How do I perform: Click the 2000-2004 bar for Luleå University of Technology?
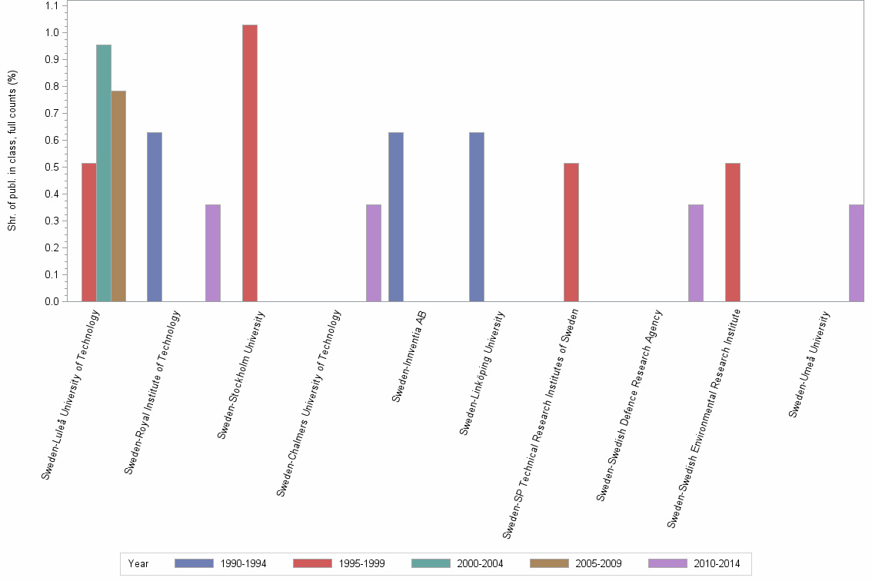pos(104,173)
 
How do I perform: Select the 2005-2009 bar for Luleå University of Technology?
pos(118,196)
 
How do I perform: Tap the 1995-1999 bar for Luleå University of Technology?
pos(89,232)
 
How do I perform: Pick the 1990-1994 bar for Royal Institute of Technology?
pos(155,217)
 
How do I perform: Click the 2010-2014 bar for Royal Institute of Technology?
pos(213,253)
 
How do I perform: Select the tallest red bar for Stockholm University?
pos(250,163)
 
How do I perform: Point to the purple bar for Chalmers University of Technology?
pos(374,253)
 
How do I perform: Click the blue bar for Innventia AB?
pos(396,217)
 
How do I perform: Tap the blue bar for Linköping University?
pos(477,217)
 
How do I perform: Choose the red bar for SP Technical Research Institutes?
pos(571,232)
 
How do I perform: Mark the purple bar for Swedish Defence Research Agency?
pos(696,253)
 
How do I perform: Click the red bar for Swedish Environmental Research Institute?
pos(732,232)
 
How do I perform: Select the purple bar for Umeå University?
pos(857,253)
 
